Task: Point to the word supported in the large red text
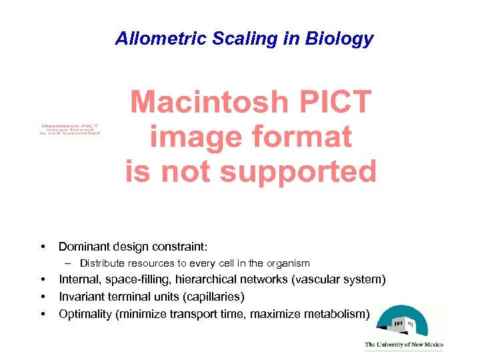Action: pos(298,171)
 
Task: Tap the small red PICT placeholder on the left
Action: pos(69,129)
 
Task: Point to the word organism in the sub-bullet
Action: pos(288,263)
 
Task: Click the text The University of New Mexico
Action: pos(403,345)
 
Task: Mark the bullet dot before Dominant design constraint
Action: pos(43,247)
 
